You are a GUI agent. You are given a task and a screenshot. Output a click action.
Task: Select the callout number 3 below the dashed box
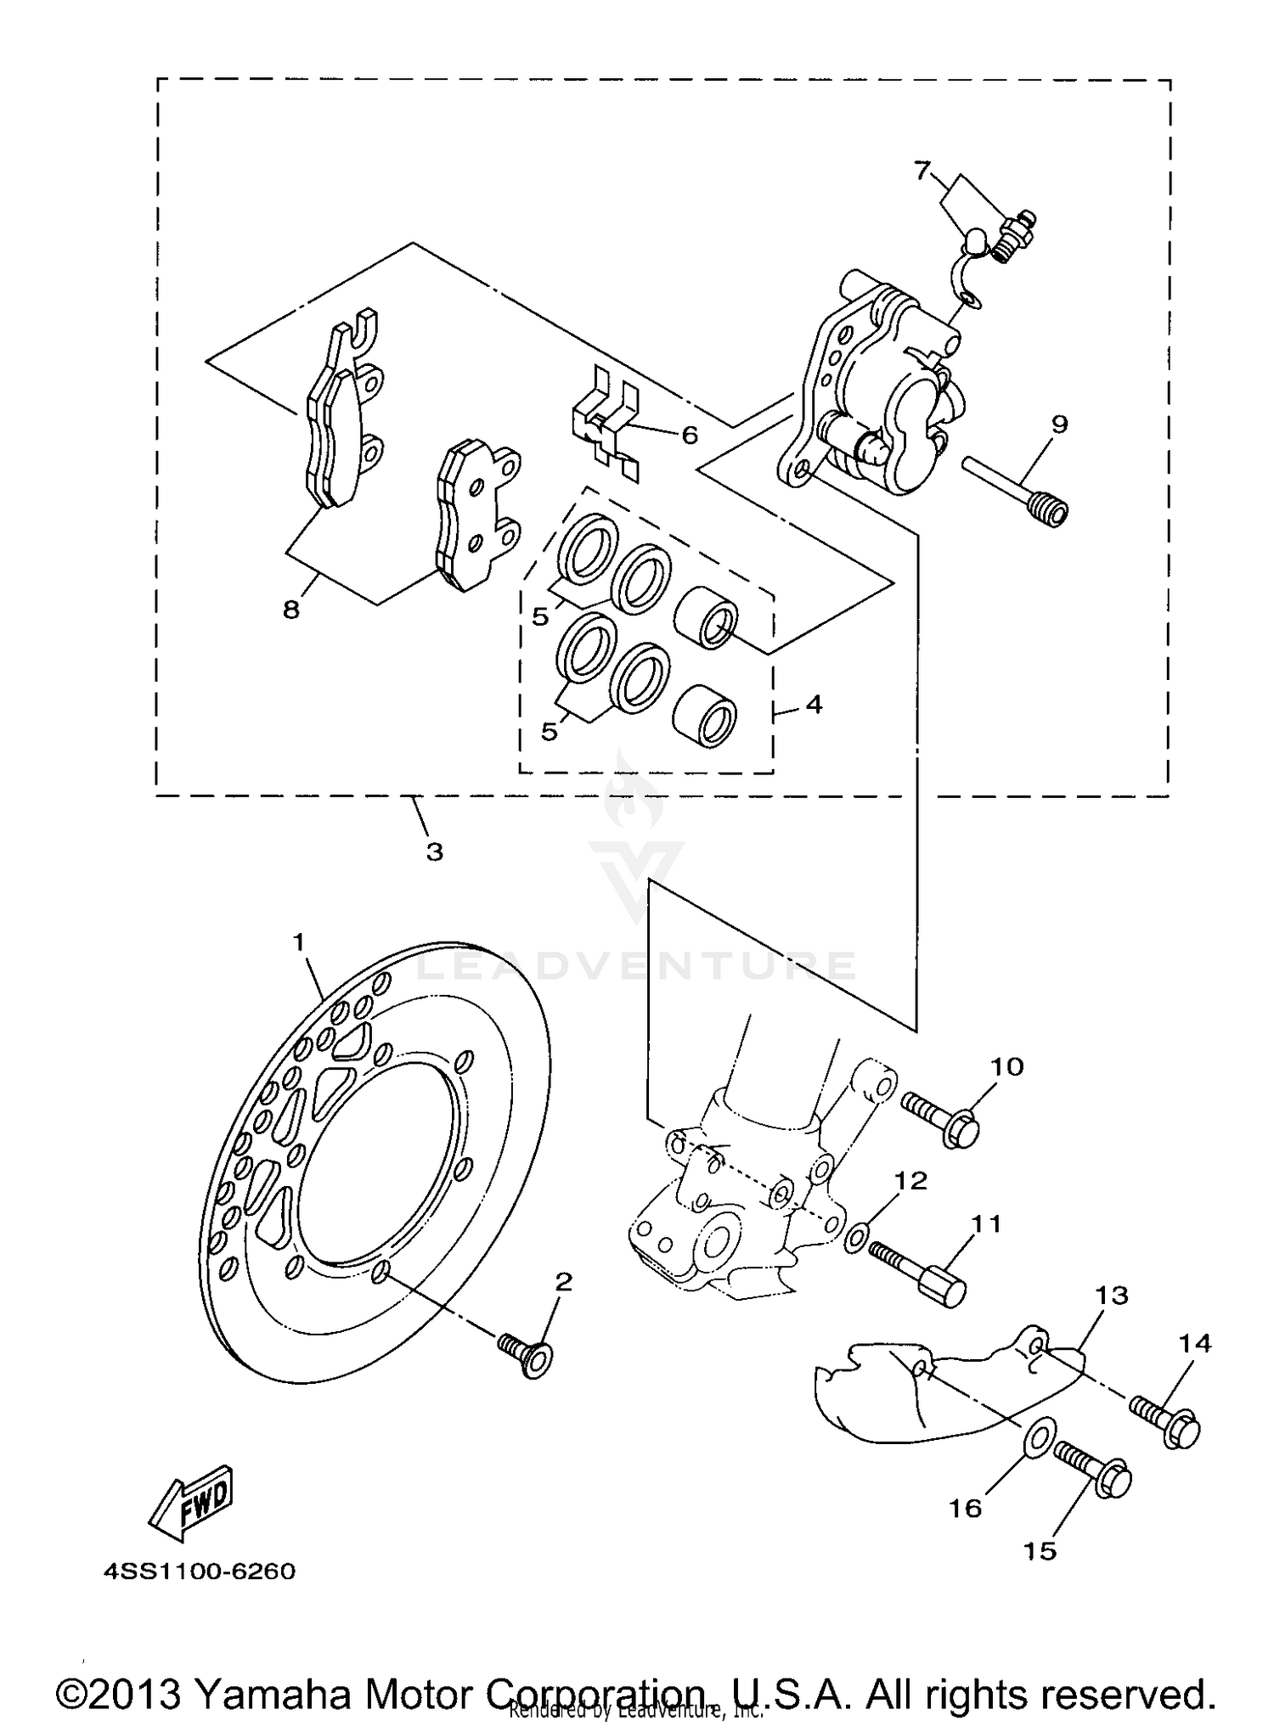(x=434, y=852)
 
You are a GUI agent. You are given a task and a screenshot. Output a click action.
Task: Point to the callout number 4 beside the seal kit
(x=814, y=704)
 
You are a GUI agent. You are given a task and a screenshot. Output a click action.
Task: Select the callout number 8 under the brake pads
(x=291, y=609)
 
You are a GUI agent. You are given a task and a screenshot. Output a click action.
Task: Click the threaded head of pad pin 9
(x=1049, y=510)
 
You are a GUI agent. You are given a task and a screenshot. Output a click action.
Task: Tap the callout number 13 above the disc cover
(x=1111, y=1295)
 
